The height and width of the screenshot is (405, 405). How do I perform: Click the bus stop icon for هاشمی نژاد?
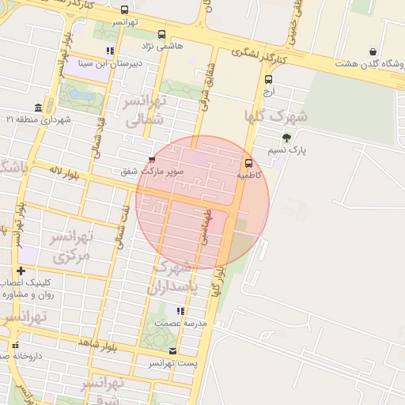pyautogui.click(x=162, y=35)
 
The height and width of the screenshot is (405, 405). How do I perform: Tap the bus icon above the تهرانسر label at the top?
pyautogui.click(x=124, y=10)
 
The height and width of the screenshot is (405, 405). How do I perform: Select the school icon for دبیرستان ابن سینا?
pyautogui.click(x=109, y=51)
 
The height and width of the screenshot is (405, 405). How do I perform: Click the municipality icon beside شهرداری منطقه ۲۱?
pyautogui.click(x=38, y=108)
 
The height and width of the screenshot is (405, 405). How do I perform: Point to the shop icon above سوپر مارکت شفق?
pyautogui.click(x=152, y=159)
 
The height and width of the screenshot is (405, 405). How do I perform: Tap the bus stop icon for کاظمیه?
pyautogui.click(x=249, y=164)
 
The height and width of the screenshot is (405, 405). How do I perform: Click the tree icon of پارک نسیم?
pyautogui.click(x=286, y=138)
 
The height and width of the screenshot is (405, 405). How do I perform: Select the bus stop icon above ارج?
pyautogui.click(x=269, y=79)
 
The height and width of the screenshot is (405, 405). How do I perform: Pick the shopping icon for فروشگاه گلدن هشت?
pyautogui.click(x=373, y=52)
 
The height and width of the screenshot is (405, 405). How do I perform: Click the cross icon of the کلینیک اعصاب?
pyautogui.click(x=21, y=271)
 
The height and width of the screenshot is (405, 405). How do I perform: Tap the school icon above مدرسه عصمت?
pyautogui.click(x=180, y=312)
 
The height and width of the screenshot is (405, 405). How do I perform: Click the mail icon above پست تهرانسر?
pyautogui.click(x=173, y=350)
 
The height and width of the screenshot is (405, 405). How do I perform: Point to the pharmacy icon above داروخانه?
pyautogui.click(x=15, y=345)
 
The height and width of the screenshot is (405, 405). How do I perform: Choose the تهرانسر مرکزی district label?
pyautogui.click(x=71, y=246)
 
